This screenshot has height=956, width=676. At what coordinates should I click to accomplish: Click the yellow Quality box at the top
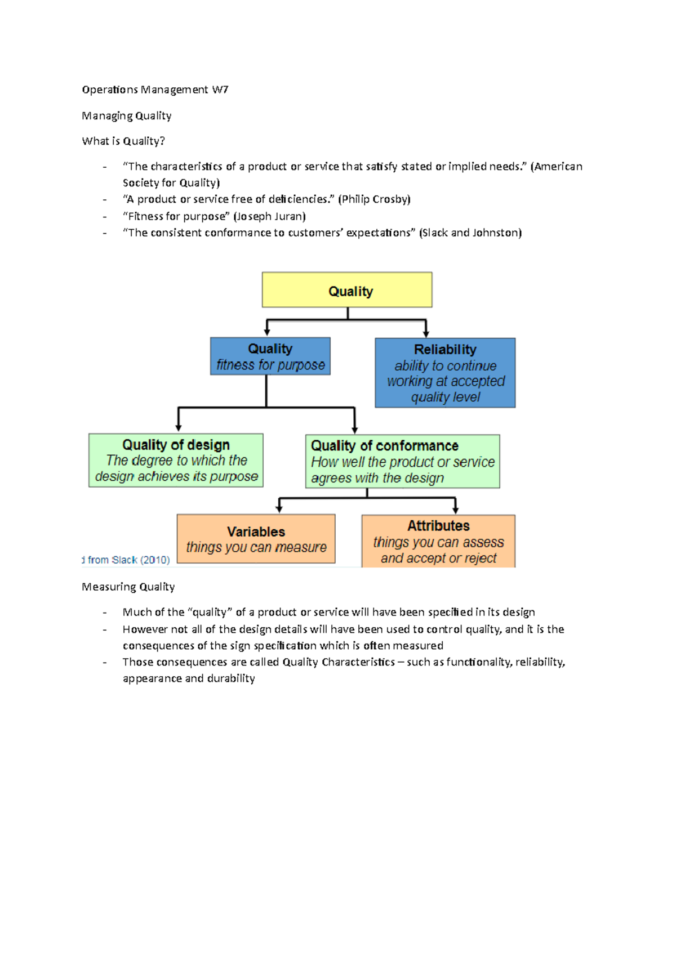click(x=347, y=290)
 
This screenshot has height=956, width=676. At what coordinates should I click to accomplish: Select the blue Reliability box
click(x=445, y=373)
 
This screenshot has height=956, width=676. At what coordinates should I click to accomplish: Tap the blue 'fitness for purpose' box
click(x=270, y=356)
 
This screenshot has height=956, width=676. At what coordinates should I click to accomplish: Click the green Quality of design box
click(x=176, y=461)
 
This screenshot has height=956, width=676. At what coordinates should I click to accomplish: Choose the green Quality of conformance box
click(x=402, y=462)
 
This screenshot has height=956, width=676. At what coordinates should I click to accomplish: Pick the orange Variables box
click(x=256, y=539)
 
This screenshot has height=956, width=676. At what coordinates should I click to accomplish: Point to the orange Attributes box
click(x=438, y=541)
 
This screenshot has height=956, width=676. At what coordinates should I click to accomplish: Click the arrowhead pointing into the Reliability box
click(x=426, y=333)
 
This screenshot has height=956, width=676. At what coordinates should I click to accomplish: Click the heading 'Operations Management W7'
click(x=155, y=90)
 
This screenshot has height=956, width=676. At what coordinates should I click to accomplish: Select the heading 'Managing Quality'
click(x=127, y=115)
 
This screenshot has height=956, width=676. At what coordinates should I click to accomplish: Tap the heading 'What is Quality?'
click(x=123, y=141)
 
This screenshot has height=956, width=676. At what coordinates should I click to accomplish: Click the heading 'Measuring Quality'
click(x=128, y=587)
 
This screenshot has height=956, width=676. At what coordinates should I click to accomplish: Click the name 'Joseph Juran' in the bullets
click(x=269, y=216)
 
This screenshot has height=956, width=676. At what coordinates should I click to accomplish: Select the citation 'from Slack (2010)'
click(x=127, y=560)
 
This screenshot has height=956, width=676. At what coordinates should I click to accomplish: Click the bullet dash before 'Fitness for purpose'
click(x=105, y=217)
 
